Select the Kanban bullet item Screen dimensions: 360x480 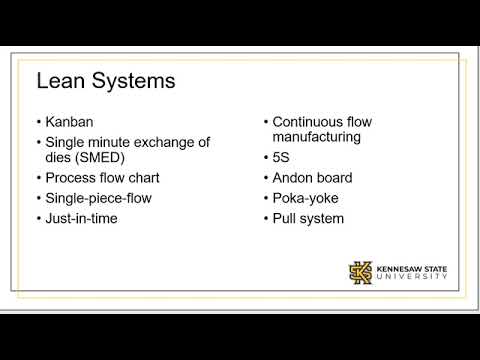click(73, 123)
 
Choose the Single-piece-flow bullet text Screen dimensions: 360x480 click(99, 199)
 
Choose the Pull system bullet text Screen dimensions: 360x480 click(310, 218)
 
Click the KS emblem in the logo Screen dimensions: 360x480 click(360, 272)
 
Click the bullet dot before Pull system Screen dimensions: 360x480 click(266, 218)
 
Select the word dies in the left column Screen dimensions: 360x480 click(61, 161)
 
